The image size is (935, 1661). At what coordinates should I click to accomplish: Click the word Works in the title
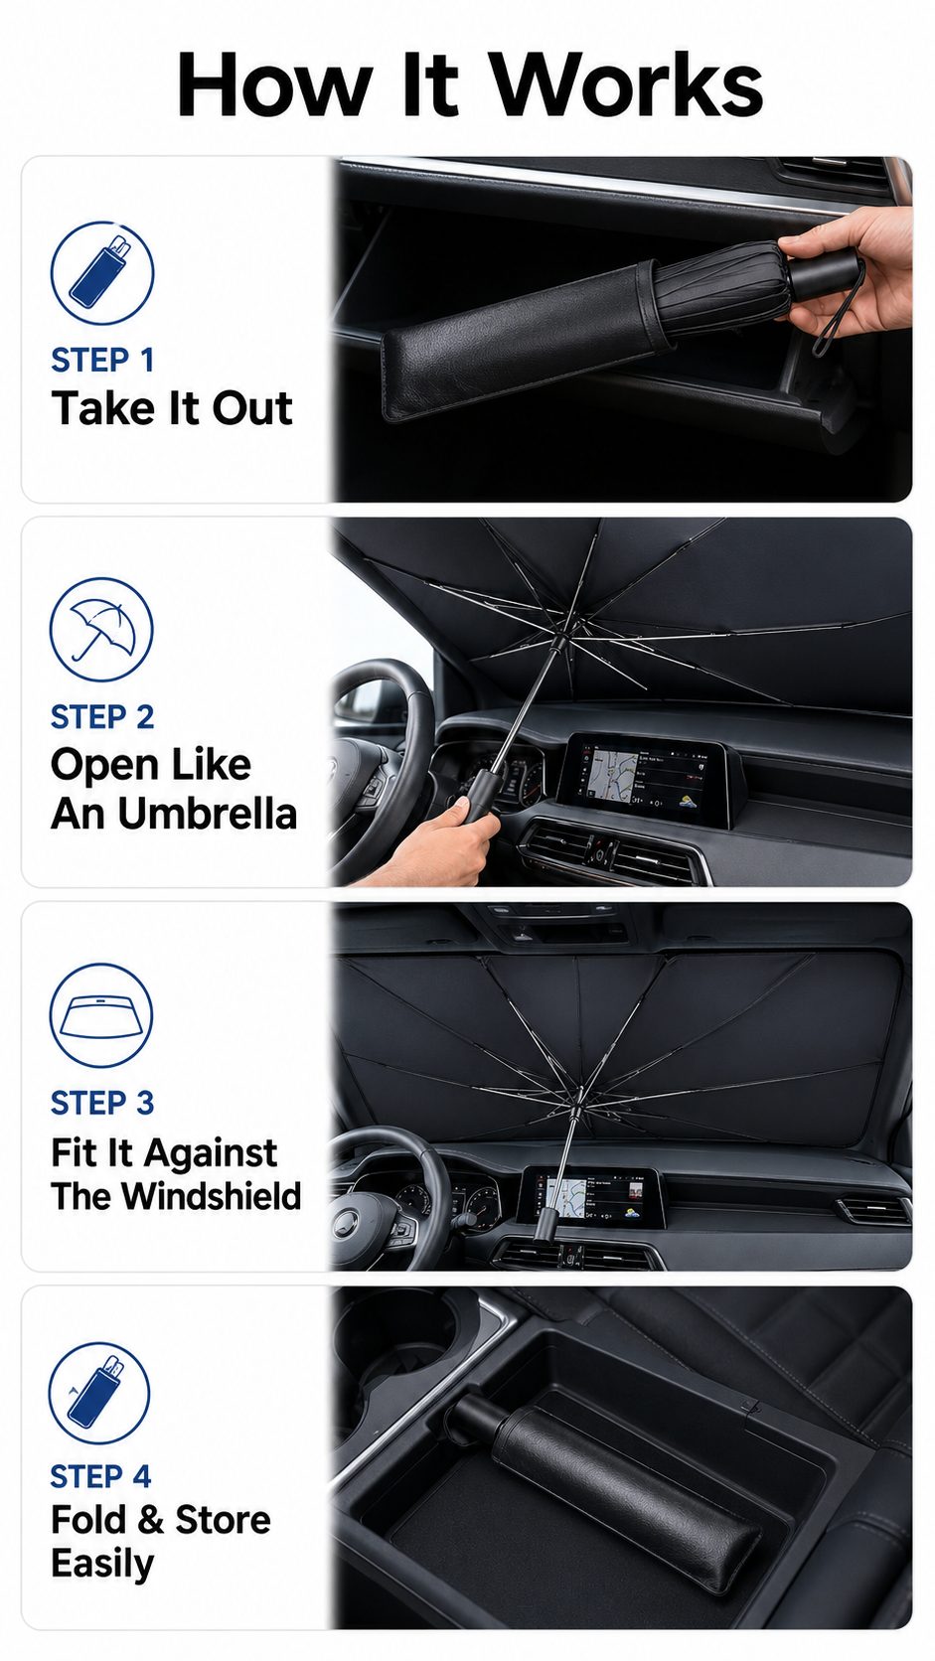(627, 84)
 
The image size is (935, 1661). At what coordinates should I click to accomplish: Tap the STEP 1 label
(102, 361)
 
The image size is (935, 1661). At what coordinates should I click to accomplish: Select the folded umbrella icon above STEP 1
(102, 273)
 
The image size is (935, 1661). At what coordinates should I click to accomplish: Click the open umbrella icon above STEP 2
(101, 630)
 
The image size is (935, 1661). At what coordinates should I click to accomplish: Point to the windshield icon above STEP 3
(100, 1015)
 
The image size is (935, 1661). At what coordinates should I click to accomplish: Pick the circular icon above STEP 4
(99, 1392)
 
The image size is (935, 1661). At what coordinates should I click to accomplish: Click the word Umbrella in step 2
(207, 814)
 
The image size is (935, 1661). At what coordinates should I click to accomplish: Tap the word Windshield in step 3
(212, 1196)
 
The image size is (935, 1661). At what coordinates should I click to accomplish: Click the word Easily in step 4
(102, 1564)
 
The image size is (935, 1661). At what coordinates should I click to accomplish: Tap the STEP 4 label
(100, 1476)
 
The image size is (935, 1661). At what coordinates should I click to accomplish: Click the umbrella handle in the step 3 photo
(546, 1223)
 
